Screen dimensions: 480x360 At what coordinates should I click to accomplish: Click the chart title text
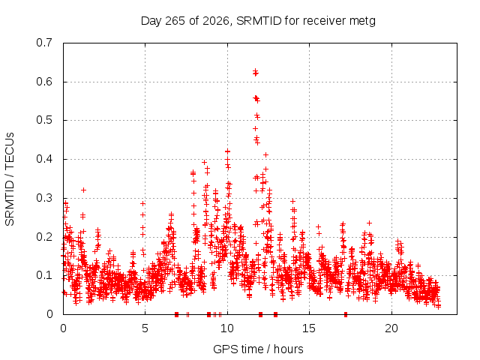(x=258, y=21)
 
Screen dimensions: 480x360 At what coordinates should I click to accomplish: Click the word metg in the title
(x=362, y=22)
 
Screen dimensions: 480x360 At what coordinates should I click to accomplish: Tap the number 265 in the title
(x=175, y=21)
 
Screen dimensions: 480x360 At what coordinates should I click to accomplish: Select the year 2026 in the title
(x=216, y=21)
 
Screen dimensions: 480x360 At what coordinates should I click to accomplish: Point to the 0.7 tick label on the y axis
(x=44, y=43)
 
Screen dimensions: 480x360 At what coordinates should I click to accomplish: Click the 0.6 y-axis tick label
(x=44, y=82)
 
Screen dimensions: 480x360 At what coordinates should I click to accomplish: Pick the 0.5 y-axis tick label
(x=44, y=120)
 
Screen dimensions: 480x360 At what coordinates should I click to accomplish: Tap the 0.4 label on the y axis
(x=44, y=159)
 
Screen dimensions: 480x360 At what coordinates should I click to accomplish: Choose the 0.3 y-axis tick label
(x=44, y=198)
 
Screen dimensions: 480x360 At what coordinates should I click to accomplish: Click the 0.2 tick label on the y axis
(x=44, y=237)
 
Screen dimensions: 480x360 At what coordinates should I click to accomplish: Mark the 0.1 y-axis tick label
(x=44, y=275)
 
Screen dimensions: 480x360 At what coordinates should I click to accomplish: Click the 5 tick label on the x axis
(x=145, y=328)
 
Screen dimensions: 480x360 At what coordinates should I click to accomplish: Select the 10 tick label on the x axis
(x=227, y=328)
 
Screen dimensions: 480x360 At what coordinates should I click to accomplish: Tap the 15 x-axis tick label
(x=309, y=328)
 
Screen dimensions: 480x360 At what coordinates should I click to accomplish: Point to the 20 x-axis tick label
(x=391, y=328)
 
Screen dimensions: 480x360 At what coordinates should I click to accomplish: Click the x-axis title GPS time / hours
(x=258, y=349)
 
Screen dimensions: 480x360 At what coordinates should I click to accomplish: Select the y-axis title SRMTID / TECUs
(x=10, y=179)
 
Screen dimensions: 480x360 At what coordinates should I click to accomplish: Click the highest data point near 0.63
(x=255, y=70)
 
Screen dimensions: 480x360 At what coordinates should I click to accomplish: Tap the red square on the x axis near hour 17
(x=346, y=314)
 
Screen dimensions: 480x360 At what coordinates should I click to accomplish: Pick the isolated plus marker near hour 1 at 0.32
(x=83, y=190)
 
